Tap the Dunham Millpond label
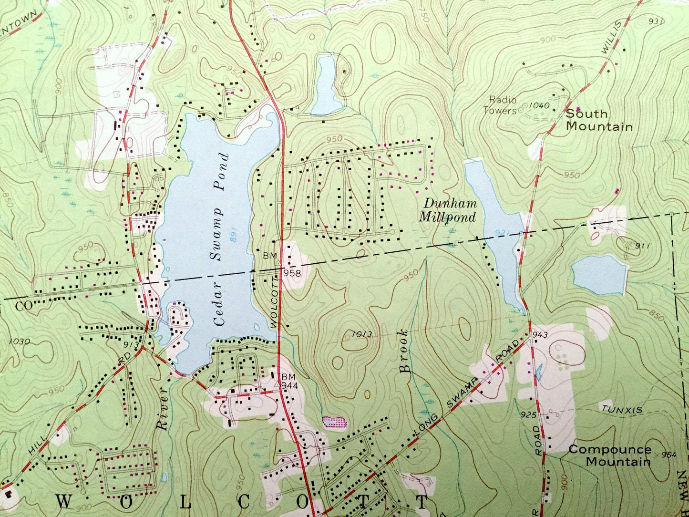(x=448, y=210)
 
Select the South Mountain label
(x=599, y=120)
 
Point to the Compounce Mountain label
(x=610, y=455)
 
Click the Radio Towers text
(x=500, y=105)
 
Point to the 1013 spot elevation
(x=363, y=334)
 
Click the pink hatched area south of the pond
(x=335, y=422)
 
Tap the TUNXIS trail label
(x=622, y=409)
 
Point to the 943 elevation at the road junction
(x=540, y=335)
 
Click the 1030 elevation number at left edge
(x=19, y=341)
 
